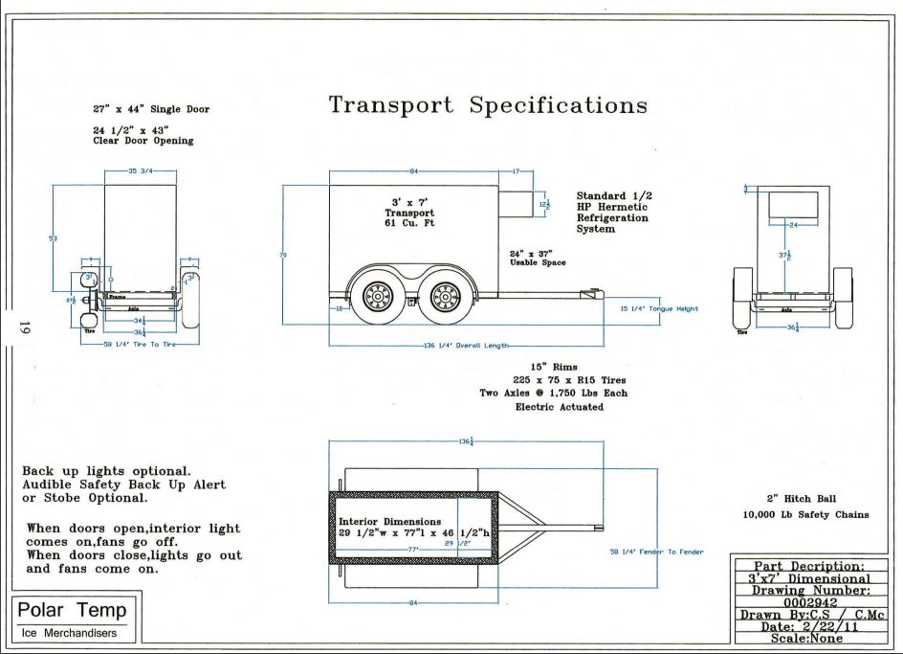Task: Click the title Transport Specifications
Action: coord(488,105)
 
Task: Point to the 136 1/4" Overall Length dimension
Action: coord(467,346)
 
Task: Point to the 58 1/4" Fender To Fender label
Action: coord(656,552)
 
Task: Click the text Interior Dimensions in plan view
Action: coord(384,521)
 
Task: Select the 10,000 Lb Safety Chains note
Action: coord(805,514)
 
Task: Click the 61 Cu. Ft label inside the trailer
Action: coord(409,223)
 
